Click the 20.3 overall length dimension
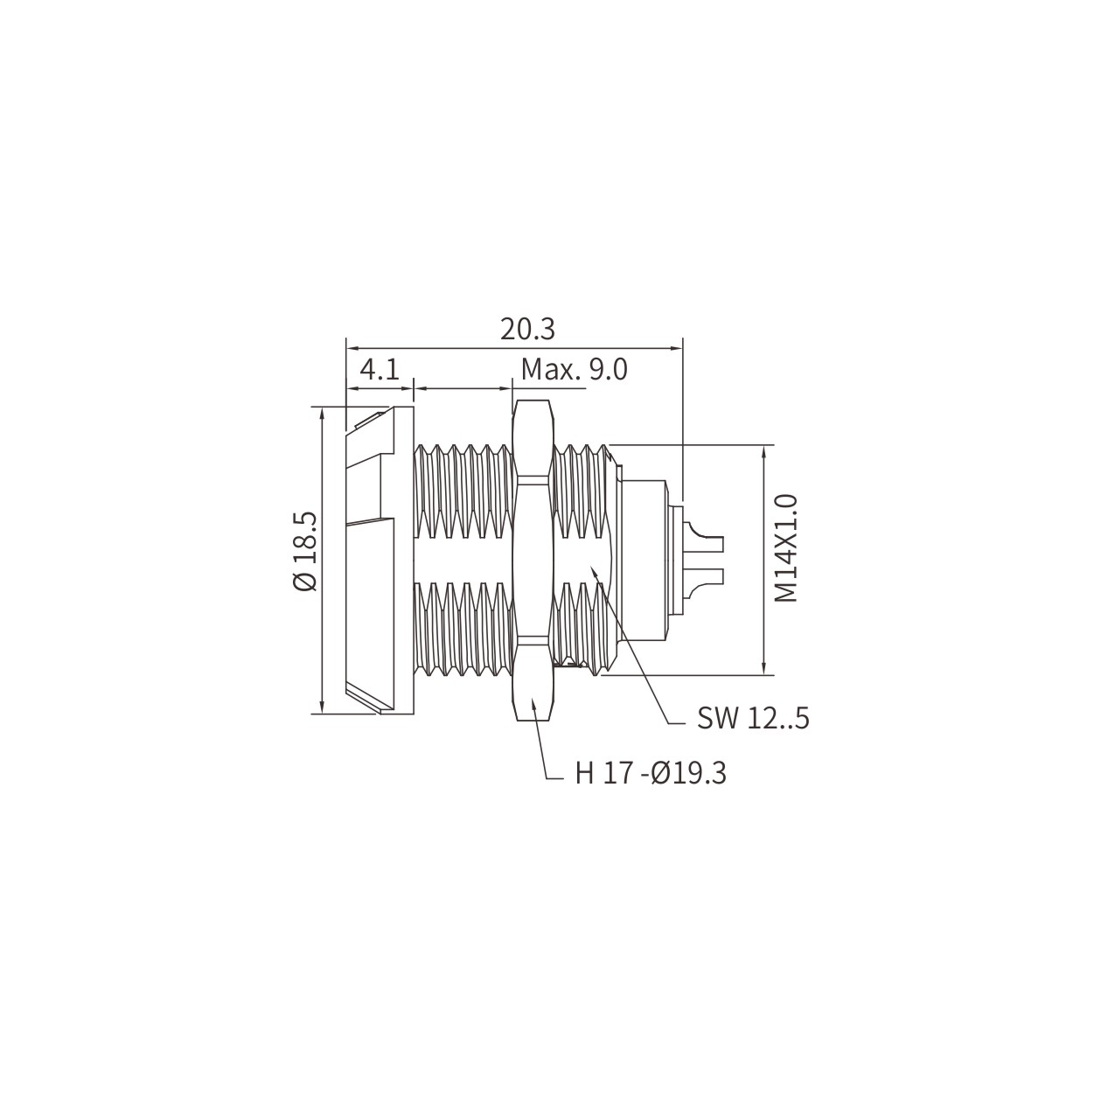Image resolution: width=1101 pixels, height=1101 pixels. coord(527,330)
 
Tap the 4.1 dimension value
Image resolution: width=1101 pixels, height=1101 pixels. coord(380,370)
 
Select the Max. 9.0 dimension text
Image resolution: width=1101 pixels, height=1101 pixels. coord(575,370)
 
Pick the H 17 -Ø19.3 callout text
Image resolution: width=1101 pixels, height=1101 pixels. coord(651,774)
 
